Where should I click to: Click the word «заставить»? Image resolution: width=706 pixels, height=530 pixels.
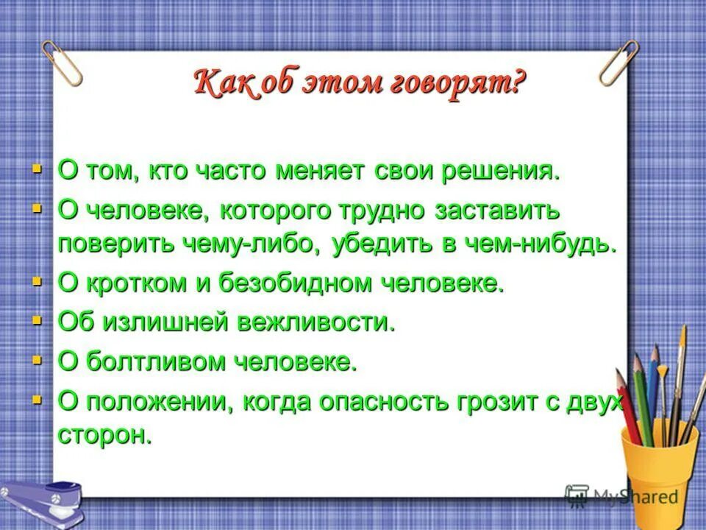click(496, 211)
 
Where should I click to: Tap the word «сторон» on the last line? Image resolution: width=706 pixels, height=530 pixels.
click(104, 435)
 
